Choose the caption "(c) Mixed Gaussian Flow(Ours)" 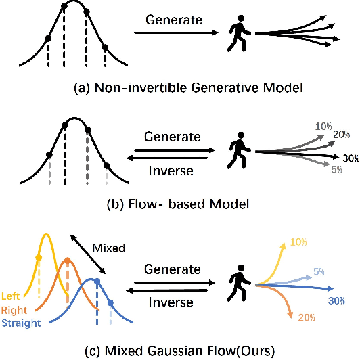coord(179,350)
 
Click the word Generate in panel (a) coord(174,20)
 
